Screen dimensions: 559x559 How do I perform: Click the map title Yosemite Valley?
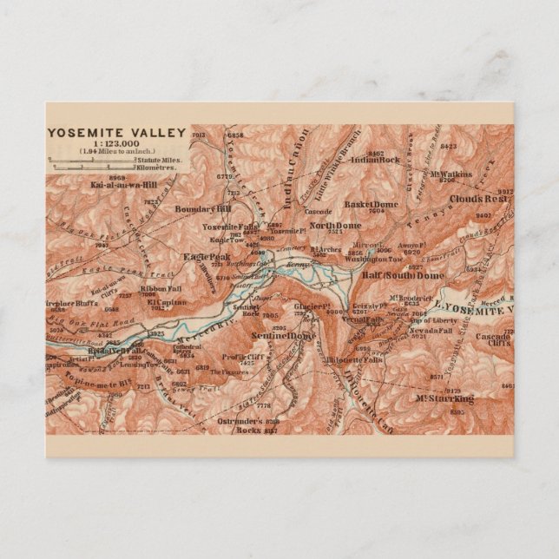point(116,133)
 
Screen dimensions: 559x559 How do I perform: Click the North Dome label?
point(332,226)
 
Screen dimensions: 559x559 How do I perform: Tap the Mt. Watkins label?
point(450,174)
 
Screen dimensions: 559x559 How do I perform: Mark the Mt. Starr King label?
point(444,398)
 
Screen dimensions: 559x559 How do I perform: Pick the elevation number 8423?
point(448,147)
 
